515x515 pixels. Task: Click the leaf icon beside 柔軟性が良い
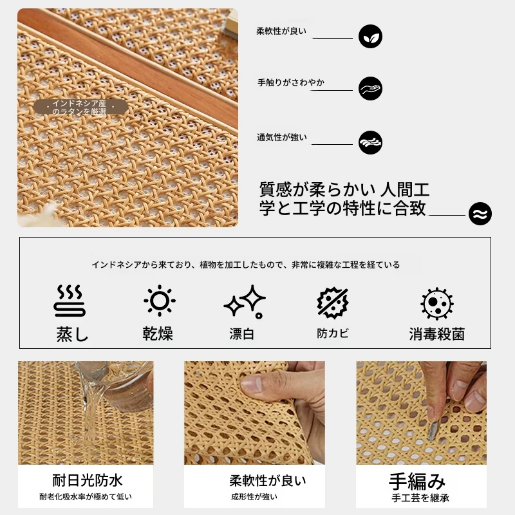[370, 36]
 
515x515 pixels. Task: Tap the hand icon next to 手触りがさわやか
[370, 88]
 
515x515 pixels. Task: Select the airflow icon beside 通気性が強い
[370, 142]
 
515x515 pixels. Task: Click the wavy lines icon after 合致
[480, 214]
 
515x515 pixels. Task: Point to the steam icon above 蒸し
[70, 301]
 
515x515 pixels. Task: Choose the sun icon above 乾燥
[160, 301]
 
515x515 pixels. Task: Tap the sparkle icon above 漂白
[245, 302]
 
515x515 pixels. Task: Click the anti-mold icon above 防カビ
[333, 303]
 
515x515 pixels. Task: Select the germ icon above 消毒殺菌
[437, 304]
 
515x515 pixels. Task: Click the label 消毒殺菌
[437, 334]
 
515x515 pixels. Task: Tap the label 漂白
[242, 333]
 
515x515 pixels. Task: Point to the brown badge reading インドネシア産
[80, 107]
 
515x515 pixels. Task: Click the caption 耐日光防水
[87, 480]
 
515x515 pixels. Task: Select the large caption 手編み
[417, 482]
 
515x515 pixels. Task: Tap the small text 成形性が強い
[254, 496]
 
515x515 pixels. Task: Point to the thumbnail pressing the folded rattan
[251, 384]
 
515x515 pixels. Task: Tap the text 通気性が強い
[282, 137]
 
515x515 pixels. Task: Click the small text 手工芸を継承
[420, 498]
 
